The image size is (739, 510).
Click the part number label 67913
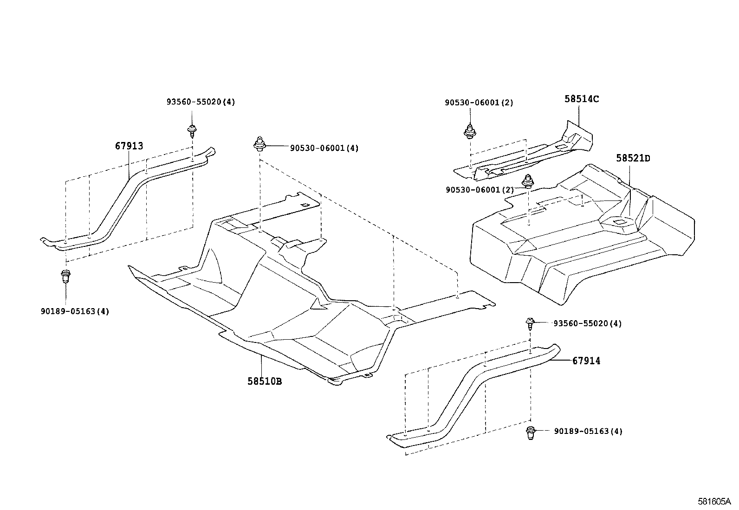coord(129,146)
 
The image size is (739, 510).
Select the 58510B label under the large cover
coord(265,381)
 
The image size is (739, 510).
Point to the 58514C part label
coord(582,99)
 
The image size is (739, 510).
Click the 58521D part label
coord(633,158)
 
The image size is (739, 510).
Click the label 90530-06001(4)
coord(324,148)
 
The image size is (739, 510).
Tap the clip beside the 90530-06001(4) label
coord(259,144)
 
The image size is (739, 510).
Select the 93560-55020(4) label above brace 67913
coord(201,102)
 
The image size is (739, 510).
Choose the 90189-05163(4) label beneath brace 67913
coord(75,311)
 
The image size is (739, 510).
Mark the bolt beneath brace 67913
coord(65,277)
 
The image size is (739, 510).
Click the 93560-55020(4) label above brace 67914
coord(587,323)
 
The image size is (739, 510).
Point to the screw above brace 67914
coord(530,323)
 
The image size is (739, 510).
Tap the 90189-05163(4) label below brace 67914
coord(588,431)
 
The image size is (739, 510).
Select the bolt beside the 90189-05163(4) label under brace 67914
coord(530,432)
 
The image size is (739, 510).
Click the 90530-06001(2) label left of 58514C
coord(479,103)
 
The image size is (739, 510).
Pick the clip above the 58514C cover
coord(469,131)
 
